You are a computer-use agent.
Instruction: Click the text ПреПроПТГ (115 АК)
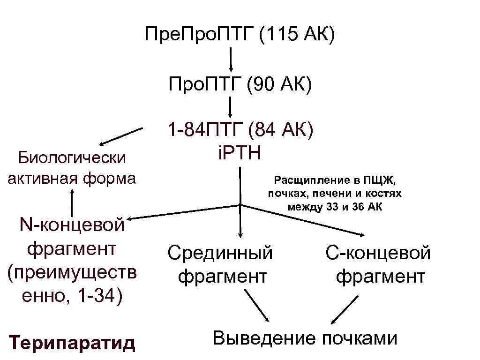tap(240, 35)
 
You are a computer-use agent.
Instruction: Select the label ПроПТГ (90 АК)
tap(240, 85)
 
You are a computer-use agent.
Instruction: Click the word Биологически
tap(72, 157)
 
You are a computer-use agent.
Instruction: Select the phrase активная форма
tap(72, 178)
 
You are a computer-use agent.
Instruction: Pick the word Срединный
tap(220, 253)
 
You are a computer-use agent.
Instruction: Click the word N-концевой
tap(72, 225)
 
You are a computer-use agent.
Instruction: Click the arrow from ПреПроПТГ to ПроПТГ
tap(231, 58)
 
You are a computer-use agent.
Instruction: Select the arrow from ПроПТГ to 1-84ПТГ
tap(231, 107)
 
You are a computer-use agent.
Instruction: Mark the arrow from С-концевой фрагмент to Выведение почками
tap(344, 309)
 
